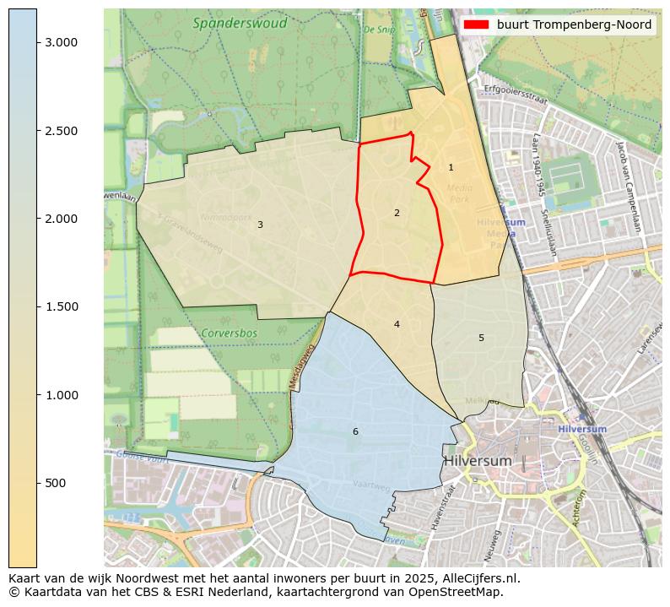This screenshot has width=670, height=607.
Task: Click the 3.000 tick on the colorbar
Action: click(61, 42)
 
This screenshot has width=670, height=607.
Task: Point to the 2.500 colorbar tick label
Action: click(61, 131)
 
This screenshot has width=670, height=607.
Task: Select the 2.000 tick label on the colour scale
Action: click(61, 219)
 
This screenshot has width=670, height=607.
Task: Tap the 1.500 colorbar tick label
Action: click(61, 306)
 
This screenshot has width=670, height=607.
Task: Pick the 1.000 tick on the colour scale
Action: click(61, 395)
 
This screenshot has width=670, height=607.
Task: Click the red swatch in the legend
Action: click(477, 24)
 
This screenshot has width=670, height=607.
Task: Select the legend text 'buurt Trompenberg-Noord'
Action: click(574, 24)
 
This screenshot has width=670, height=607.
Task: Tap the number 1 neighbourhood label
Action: click(451, 168)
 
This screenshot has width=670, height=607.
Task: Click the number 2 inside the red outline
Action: click(397, 213)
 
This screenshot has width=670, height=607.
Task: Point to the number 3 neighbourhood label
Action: click(260, 225)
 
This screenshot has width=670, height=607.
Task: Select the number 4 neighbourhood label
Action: click(397, 324)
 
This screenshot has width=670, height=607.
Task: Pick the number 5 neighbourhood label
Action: click(481, 338)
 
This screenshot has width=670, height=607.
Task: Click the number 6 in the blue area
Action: click(355, 431)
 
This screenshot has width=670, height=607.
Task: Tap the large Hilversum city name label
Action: click(478, 461)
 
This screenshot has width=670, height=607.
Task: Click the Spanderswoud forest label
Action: click(240, 24)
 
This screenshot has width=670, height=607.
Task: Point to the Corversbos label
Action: click(229, 333)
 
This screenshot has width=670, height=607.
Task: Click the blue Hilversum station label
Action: click(581, 429)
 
